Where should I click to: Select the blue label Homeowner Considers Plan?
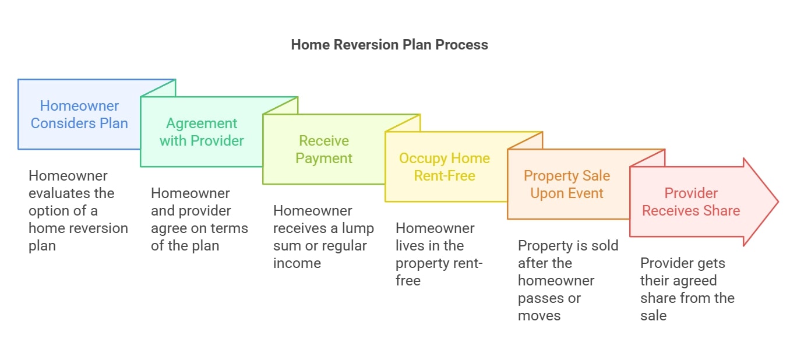[79, 115]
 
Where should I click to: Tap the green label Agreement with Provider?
[202, 132]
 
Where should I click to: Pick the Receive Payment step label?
[324, 149]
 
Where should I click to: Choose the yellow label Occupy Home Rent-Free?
[445, 167]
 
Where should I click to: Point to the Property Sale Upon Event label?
[567, 184]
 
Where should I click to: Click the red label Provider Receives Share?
[691, 202]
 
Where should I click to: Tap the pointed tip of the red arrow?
[778, 202]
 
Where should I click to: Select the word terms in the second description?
[231, 228]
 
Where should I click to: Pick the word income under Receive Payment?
[297, 263]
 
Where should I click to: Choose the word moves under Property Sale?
[539, 316]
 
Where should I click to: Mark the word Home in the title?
[311, 45]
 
